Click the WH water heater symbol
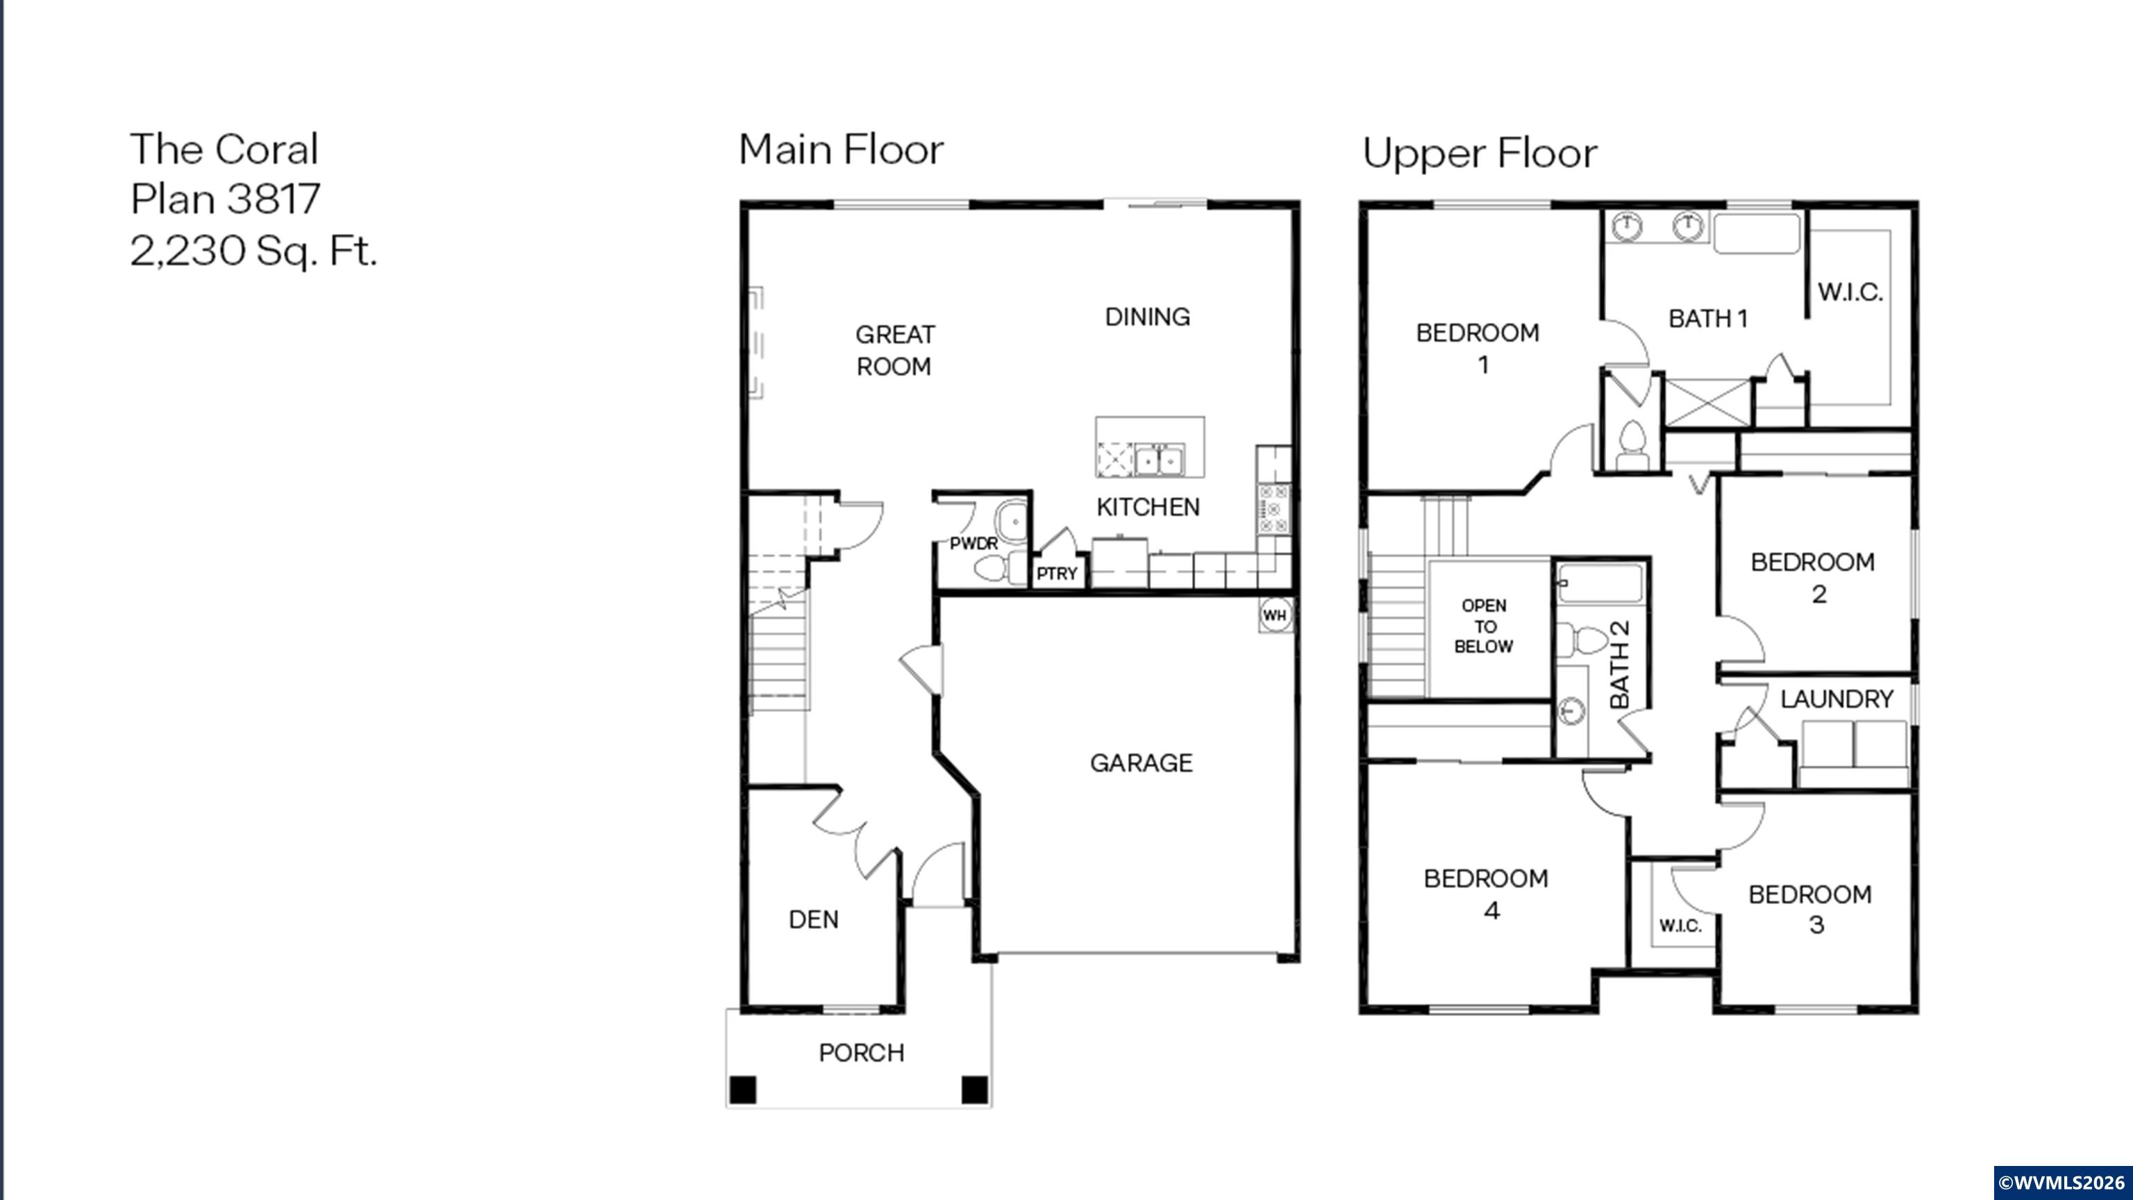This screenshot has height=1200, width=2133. (x=1274, y=615)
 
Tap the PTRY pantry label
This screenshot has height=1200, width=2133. (x=1057, y=573)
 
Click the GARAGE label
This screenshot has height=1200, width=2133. (x=1141, y=762)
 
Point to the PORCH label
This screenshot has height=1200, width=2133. (x=861, y=1053)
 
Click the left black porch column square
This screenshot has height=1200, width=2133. (x=743, y=1089)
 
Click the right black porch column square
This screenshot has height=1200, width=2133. (x=975, y=1089)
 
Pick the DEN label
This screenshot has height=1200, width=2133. (x=813, y=919)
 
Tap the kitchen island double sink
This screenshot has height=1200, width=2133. (x=1157, y=460)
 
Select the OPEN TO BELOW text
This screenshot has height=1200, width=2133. (x=1484, y=626)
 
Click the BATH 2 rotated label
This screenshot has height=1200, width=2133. (x=1620, y=665)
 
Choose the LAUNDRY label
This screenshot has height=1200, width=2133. (x=1837, y=699)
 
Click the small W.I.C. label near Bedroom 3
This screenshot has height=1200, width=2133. (x=1680, y=926)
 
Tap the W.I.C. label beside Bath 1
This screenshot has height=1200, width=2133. (x=1850, y=292)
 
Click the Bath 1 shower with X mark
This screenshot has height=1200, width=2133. (x=1707, y=403)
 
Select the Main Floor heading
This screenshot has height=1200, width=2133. (x=840, y=150)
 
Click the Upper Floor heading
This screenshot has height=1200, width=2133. (x=1480, y=153)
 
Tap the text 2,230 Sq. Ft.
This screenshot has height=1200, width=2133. (x=253, y=249)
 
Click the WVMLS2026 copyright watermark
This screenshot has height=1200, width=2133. (x=2061, y=1182)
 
